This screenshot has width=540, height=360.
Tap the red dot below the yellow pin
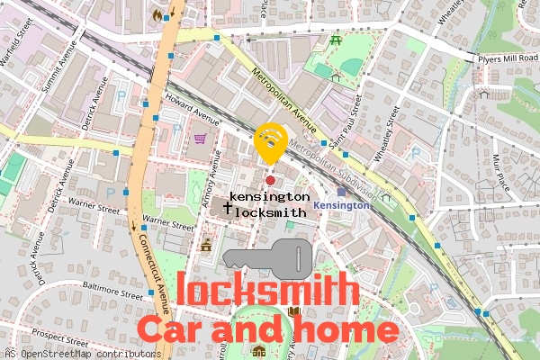[270, 168]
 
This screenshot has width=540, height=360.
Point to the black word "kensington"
[270, 196]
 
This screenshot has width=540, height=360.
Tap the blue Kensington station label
[342, 205]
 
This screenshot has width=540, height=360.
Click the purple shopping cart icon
[200, 139]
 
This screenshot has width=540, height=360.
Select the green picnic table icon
[336, 40]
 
